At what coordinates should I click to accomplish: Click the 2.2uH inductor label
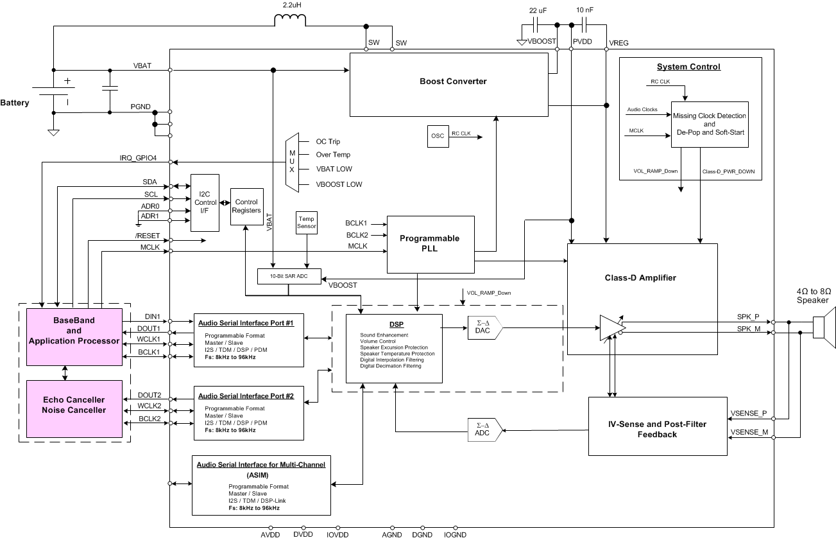[x=292, y=4]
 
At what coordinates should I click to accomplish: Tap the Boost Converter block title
[x=453, y=82]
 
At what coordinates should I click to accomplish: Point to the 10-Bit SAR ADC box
[x=289, y=276]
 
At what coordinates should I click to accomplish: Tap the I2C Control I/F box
[x=205, y=202]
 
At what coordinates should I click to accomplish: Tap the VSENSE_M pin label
[x=749, y=432]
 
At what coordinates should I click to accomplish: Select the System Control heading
[x=688, y=67]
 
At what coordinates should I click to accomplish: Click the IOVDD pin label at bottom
[x=337, y=534]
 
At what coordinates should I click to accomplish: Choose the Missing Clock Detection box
[x=710, y=124]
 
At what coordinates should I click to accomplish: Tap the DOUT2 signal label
[x=149, y=395]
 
